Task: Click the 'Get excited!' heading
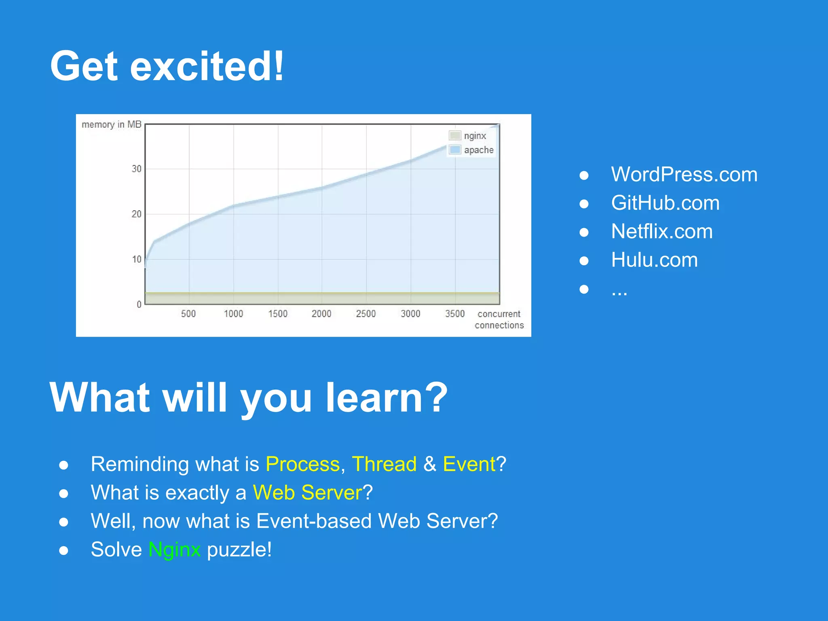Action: [167, 66]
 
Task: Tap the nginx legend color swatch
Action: [455, 135]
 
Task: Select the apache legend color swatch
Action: [455, 150]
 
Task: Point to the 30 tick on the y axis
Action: [137, 169]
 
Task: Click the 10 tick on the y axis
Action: [137, 259]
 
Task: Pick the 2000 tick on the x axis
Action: [321, 314]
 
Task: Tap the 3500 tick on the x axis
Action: [455, 314]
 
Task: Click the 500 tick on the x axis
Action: [188, 314]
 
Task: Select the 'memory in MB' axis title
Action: [111, 125]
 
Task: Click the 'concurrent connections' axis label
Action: [499, 319]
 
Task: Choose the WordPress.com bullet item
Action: [684, 174]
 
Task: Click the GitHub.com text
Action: [665, 203]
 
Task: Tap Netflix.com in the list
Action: [662, 231]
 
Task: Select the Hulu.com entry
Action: [654, 260]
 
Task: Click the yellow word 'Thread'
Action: [384, 464]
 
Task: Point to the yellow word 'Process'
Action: [302, 464]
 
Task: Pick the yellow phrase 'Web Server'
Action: [307, 492]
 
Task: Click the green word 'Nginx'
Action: [174, 549]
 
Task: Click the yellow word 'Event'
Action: [469, 464]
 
